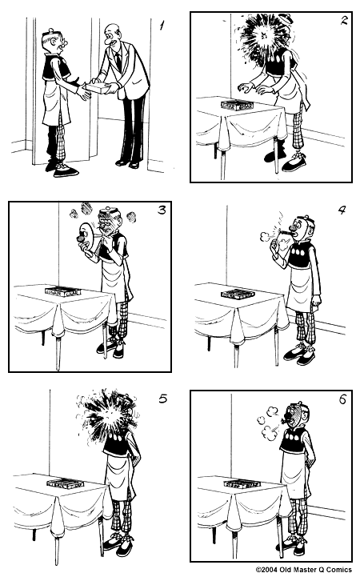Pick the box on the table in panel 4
pyautogui.click(x=237, y=294)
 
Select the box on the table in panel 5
pyautogui.click(x=65, y=483)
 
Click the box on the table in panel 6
pyautogui.click(x=238, y=483)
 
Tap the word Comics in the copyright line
pyautogui.click(x=337, y=571)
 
